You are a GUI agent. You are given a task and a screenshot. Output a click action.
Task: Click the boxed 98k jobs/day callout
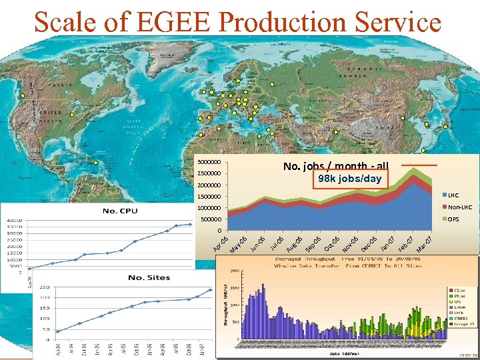[349, 179]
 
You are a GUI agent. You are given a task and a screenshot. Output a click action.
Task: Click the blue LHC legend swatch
[443, 195]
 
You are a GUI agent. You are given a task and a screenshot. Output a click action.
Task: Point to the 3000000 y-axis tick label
[209, 163]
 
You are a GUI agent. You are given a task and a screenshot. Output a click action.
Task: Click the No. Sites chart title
[149, 277]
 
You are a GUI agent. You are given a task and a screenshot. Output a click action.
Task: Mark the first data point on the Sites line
[57, 331]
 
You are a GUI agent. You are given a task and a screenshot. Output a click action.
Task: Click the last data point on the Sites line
[211, 289]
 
